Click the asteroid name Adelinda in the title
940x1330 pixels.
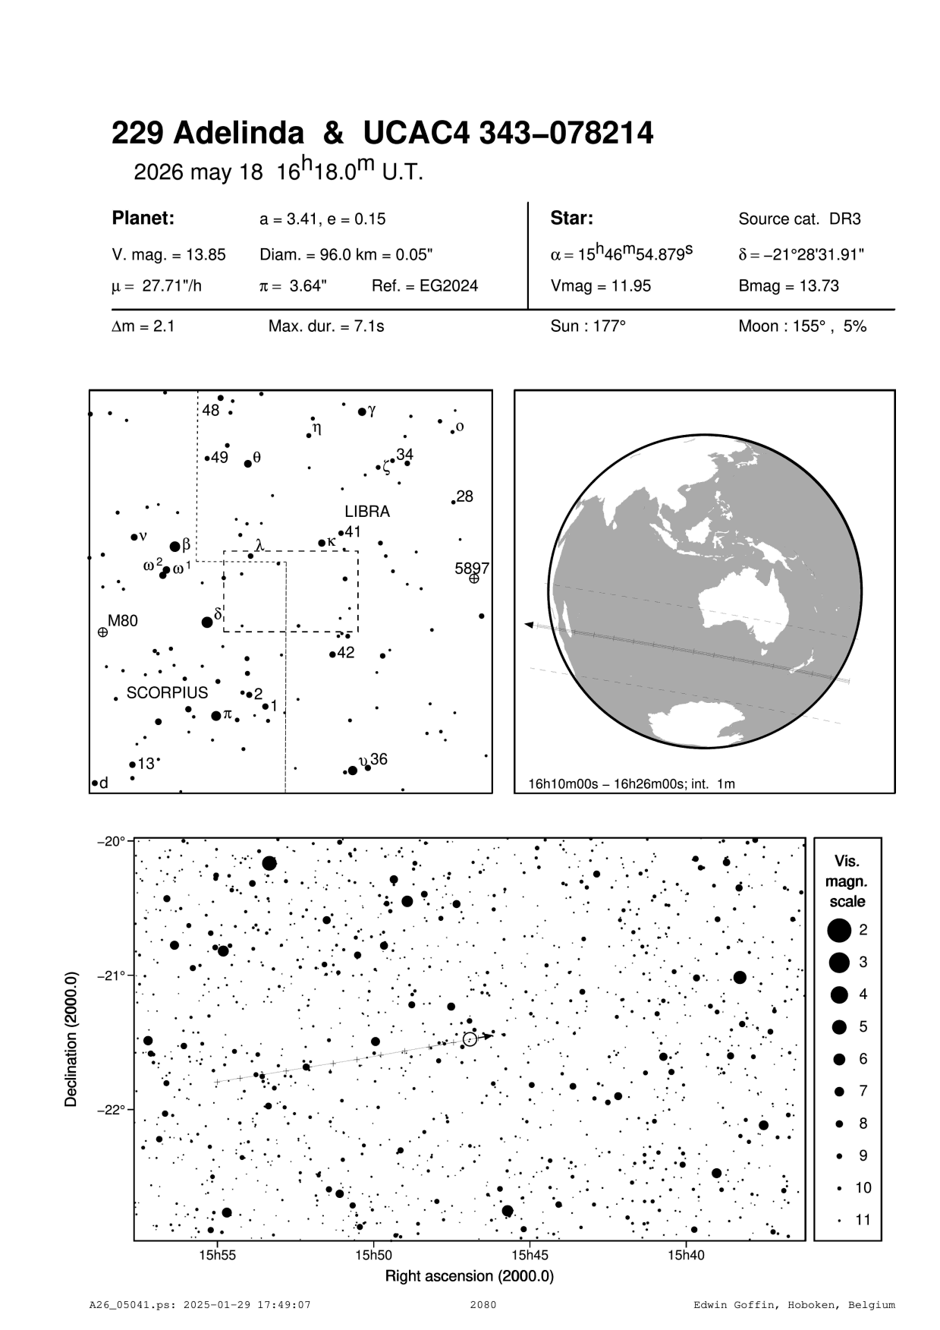[238, 134]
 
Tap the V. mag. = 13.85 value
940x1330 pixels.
[168, 255]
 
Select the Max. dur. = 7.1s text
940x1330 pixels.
[326, 327]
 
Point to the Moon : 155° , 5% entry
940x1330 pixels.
[803, 327]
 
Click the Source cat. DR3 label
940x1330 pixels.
[800, 219]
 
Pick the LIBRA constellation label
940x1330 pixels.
[367, 512]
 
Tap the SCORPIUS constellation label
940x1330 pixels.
[167, 693]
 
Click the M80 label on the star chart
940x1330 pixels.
[123, 621]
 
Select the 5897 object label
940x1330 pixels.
[472, 569]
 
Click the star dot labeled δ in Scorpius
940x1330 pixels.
[207, 622]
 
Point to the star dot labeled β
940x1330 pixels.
[175, 547]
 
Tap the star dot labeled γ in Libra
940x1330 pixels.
[362, 412]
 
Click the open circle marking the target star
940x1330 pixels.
[470, 1038]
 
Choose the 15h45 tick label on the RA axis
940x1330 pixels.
[530, 1255]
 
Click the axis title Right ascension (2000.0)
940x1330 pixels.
[470, 1276]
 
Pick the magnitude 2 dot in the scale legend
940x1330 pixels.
[839, 930]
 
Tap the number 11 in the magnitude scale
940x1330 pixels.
[863, 1220]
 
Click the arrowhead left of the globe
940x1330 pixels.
[530, 625]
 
